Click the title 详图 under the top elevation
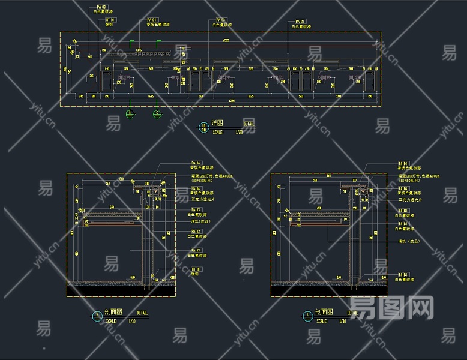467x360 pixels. tap(217, 124)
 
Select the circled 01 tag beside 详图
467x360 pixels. tap(203, 127)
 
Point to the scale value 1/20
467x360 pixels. tap(238, 132)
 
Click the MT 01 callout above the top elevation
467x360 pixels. tap(110, 20)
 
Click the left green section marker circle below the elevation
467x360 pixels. tap(130, 114)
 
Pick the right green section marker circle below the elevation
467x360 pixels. tap(157, 114)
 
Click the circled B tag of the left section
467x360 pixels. tap(97, 317)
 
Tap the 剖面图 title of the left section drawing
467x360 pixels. tap(113, 313)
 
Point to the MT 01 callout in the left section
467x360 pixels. tap(196, 270)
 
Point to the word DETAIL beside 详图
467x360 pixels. tap(248, 124)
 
